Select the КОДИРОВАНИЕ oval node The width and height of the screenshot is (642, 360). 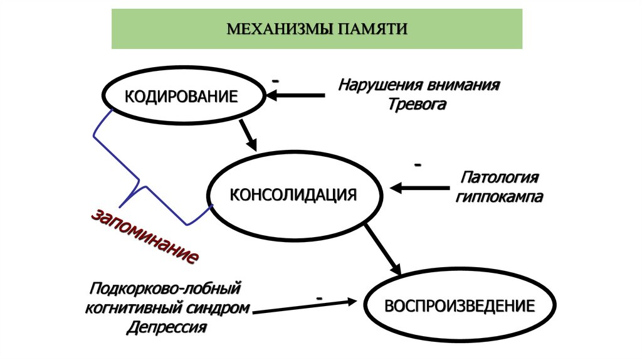click(x=182, y=97)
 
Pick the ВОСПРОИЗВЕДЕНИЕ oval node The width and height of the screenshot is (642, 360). click(x=460, y=306)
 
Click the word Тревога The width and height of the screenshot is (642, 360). click(x=418, y=104)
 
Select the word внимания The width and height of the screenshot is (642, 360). click(x=463, y=85)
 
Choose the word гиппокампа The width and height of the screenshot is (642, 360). click(x=500, y=196)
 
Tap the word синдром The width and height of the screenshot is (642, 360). click(x=218, y=308)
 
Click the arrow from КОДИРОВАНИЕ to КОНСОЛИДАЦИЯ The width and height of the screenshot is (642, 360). click(x=248, y=133)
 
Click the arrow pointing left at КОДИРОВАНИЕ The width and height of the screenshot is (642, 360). click(x=295, y=95)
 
